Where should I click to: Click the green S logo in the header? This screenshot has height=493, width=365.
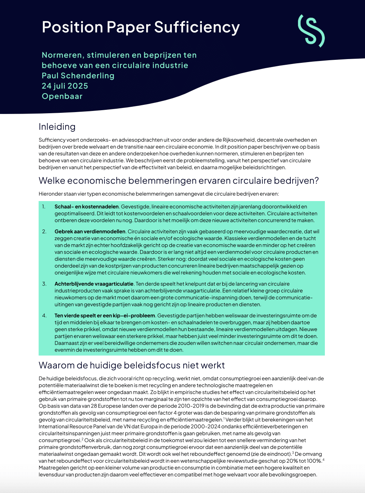click(311, 31)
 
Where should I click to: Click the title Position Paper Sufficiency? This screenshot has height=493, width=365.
click(140, 27)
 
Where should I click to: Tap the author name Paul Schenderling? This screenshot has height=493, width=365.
click(78, 76)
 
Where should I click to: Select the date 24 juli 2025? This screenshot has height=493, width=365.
click(65, 86)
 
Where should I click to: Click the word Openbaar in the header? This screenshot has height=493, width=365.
click(62, 96)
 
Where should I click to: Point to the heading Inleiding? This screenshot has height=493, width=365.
click(57, 127)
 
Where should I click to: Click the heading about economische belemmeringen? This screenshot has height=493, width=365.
click(179, 181)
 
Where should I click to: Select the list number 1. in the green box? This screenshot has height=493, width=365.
click(44, 207)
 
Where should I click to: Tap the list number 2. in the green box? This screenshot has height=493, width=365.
click(44, 231)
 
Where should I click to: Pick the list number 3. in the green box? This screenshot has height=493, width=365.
click(44, 284)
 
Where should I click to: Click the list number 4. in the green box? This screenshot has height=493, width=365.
click(44, 315)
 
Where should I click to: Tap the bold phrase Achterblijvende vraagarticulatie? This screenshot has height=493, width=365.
click(94, 284)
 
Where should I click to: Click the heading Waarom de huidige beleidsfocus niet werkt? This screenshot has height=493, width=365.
click(132, 365)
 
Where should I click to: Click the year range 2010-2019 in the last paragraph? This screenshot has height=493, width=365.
click(190, 406)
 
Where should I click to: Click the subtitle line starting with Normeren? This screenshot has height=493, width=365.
click(119, 55)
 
